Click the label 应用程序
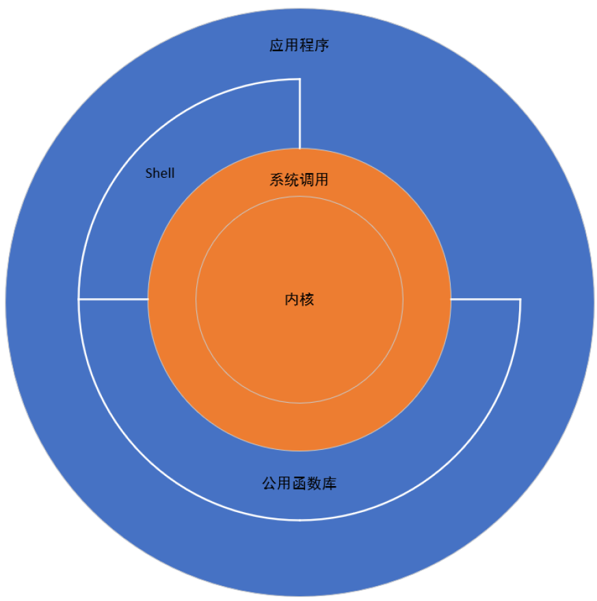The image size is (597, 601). coord(300,46)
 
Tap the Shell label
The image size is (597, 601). coord(160,173)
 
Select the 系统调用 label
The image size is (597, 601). coord(299,181)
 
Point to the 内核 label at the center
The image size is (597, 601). coord(300,299)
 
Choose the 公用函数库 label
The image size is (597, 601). coord(299,483)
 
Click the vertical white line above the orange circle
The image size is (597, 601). coord(300,113)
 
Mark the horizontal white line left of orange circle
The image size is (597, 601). coord(114,299)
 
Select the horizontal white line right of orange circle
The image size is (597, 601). coord(486,299)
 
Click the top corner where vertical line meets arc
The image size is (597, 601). coord(300,79)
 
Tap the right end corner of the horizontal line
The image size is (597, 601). coord(520,299)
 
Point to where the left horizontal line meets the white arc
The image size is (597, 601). coord(79,299)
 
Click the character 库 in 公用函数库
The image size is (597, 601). coord(329,483)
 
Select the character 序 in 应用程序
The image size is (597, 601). coord(323,46)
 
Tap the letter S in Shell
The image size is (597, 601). coord(148,173)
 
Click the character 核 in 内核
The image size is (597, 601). coord(307,299)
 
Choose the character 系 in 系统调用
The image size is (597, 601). coord(276,181)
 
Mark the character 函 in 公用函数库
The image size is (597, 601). coord(299,483)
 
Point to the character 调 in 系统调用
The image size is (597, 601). coord(306,181)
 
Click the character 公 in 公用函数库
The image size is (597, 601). coord(269,483)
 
